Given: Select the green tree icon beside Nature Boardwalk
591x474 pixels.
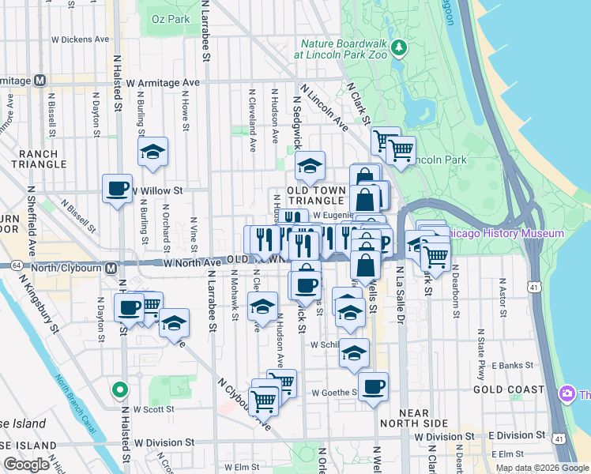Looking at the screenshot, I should (x=399, y=49).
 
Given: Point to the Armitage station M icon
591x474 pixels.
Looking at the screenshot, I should (x=40, y=81).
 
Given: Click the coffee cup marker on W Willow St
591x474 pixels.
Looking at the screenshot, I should (x=117, y=189).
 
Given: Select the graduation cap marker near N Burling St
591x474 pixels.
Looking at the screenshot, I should (x=152, y=152).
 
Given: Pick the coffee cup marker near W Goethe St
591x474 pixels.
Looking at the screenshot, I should (x=374, y=387).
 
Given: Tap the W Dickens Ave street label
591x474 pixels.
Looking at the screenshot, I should (x=80, y=39).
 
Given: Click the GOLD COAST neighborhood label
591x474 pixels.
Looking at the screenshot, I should (x=504, y=390).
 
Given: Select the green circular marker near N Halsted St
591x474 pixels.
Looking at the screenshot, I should (x=119, y=389).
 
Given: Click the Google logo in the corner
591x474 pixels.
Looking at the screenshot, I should (x=27, y=464).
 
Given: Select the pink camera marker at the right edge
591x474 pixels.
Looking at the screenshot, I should (x=567, y=394).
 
